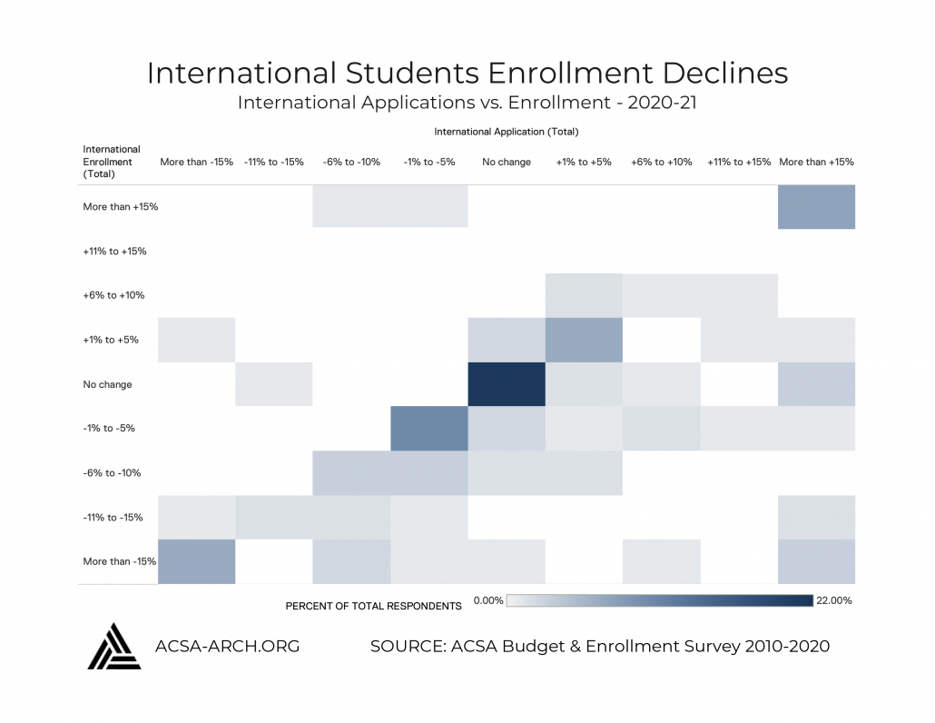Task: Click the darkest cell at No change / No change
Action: [x=507, y=384]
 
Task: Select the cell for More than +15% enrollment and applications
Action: [x=816, y=206]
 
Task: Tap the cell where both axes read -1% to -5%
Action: [x=428, y=428]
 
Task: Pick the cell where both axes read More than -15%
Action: [x=197, y=561]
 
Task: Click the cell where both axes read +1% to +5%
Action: [x=584, y=339]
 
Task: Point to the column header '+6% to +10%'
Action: [x=661, y=162]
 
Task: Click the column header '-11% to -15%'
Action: [x=273, y=162]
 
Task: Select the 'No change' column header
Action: [x=507, y=162]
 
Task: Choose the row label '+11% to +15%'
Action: [x=114, y=251]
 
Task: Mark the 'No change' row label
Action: [x=107, y=384]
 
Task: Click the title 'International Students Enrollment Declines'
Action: [x=467, y=73]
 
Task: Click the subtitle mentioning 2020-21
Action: [x=467, y=102]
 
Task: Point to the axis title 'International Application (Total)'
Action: [x=507, y=132]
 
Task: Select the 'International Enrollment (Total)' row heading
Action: [x=112, y=162]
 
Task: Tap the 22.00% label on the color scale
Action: [x=835, y=600]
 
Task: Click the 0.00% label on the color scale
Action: [x=488, y=601]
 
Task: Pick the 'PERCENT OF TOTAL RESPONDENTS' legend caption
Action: [x=373, y=606]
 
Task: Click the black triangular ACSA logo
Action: [x=113, y=646]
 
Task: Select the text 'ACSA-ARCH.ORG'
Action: [x=228, y=647]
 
